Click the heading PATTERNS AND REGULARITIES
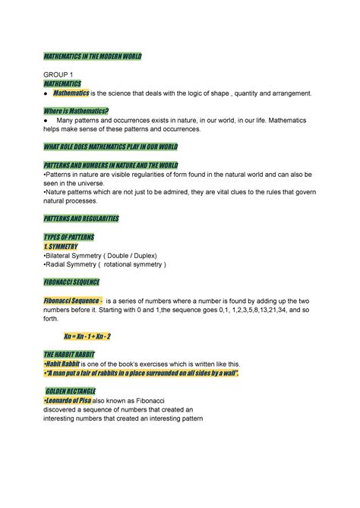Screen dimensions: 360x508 tap(81, 219)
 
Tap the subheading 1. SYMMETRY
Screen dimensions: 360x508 tap(67, 247)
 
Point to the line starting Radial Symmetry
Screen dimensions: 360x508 tap(105, 265)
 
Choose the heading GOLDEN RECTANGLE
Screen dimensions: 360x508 tap(78, 390)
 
